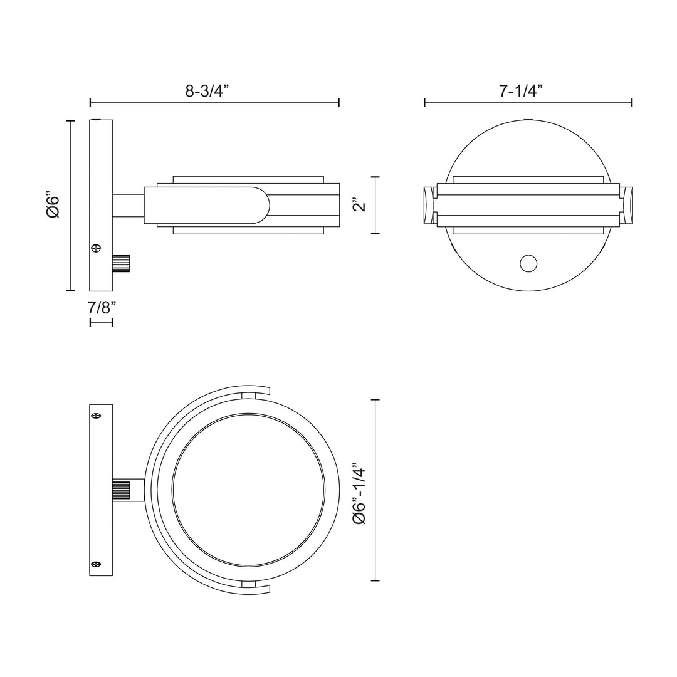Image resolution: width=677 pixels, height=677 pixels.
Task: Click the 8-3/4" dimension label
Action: tap(207, 91)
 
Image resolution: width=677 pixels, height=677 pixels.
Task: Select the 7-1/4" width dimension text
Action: tap(520, 91)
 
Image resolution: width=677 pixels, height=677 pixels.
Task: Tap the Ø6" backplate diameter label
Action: tap(53, 205)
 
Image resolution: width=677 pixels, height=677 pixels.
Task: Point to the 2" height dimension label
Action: tap(358, 206)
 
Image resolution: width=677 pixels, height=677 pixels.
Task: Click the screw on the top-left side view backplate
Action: tap(95, 249)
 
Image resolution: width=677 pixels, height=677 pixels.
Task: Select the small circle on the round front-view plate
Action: tap(528, 264)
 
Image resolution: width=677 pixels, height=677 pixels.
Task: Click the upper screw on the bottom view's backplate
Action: tap(96, 415)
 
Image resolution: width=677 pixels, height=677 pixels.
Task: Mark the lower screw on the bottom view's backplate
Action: tap(96, 565)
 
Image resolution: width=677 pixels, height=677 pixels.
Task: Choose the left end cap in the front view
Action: tap(428, 204)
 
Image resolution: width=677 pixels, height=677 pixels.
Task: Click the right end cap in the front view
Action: tap(627, 204)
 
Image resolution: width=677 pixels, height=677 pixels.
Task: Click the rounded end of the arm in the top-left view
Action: tap(260, 205)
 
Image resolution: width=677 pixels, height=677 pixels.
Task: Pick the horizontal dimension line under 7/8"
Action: tap(101, 322)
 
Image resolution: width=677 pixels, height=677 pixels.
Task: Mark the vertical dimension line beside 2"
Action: tap(375, 205)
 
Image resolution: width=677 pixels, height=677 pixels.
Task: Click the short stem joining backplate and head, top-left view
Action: tap(128, 205)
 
